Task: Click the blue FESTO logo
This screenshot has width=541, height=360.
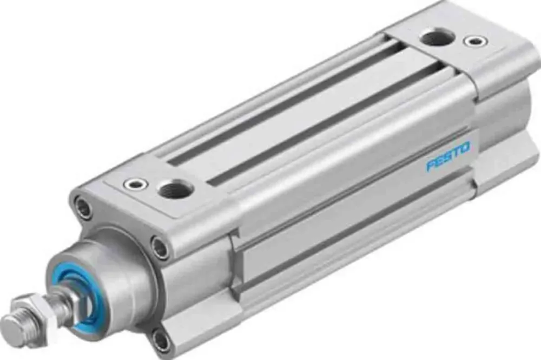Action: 448,156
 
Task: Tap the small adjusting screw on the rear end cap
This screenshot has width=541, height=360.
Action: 476,42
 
